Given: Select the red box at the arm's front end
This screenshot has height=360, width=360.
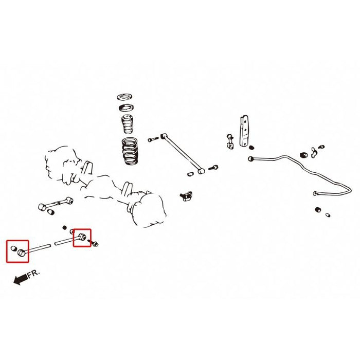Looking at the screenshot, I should pos(17,251).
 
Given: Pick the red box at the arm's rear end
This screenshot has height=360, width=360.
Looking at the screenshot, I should pos(82,238).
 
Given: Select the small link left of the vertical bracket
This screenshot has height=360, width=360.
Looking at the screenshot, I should pos(229,141).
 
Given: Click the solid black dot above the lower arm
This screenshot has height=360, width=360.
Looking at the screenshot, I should pos(64,227).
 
